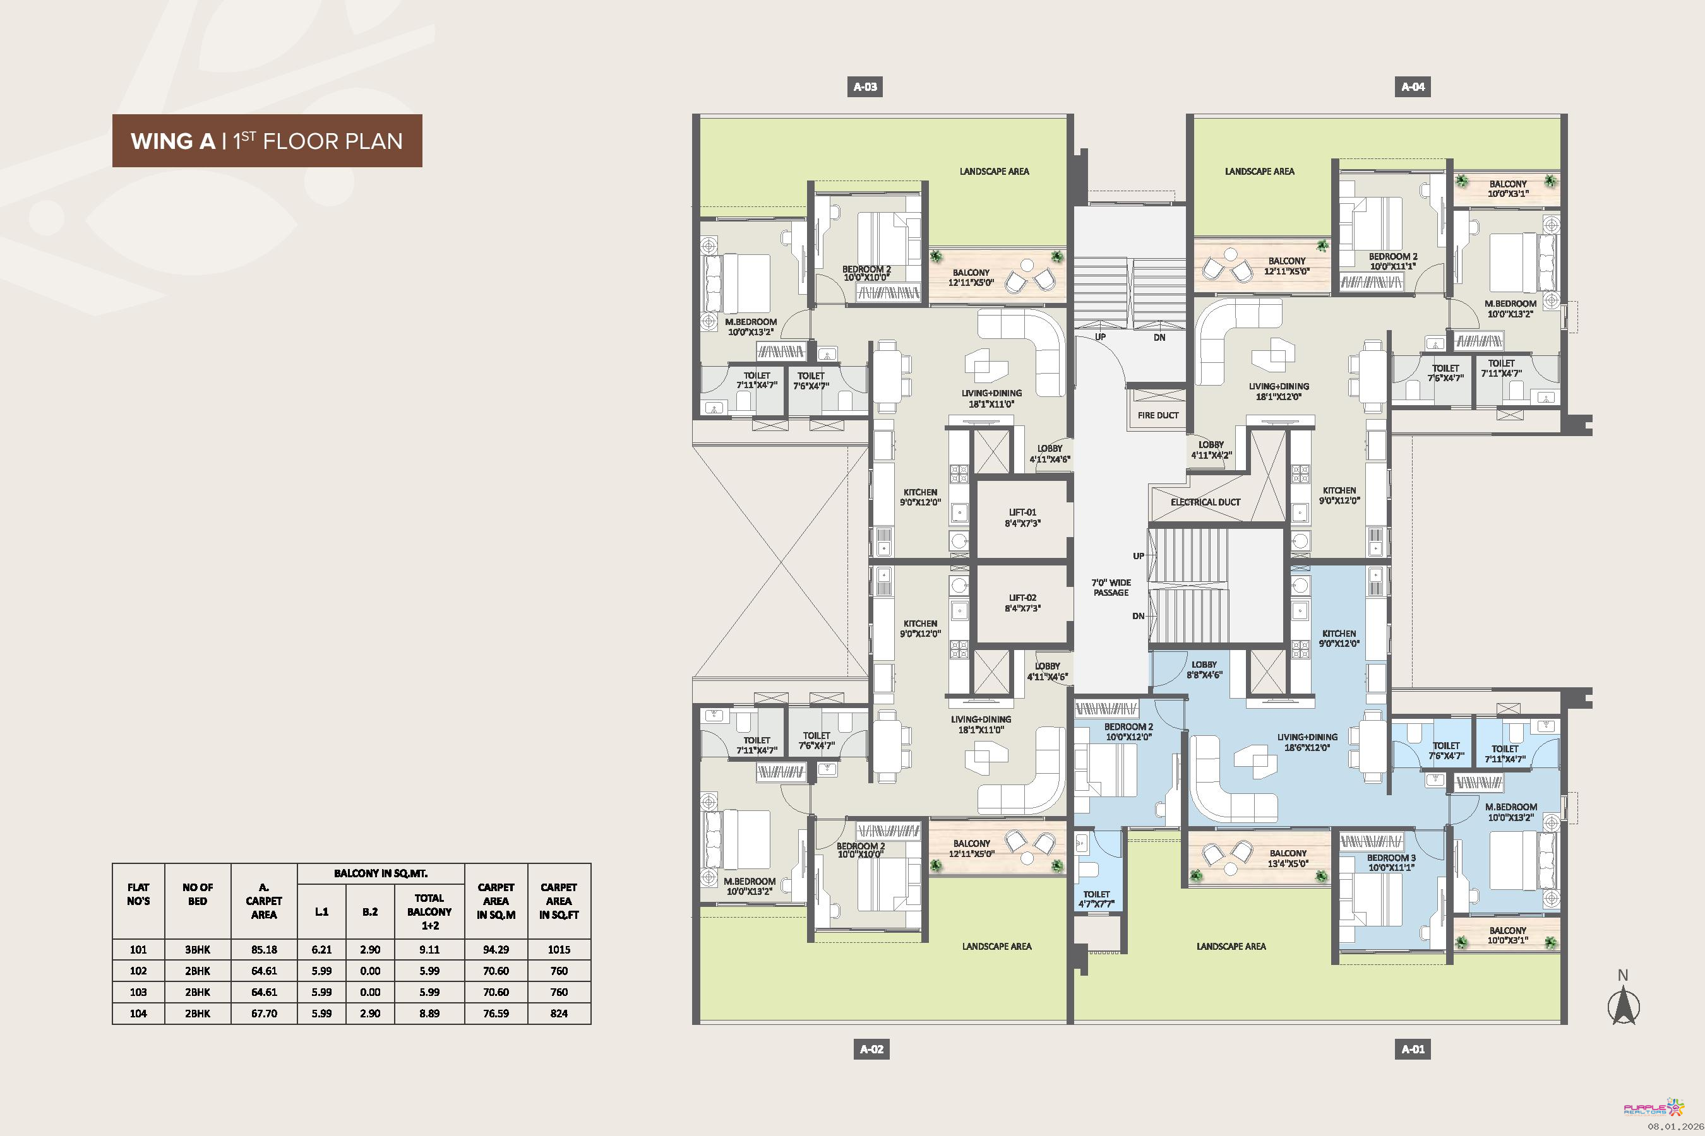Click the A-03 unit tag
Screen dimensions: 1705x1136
(x=865, y=87)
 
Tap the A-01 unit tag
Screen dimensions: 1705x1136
(x=1413, y=1049)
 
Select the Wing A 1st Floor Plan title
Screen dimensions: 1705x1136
(x=266, y=141)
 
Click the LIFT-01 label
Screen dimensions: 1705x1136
(x=1022, y=518)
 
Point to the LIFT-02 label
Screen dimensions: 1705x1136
(x=1022, y=603)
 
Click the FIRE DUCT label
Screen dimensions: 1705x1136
(x=1158, y=415)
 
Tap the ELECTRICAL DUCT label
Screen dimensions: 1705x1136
(x=1205, y=502)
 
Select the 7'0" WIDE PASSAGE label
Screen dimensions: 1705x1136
(x=1111, y=588)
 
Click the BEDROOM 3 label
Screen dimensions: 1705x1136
(x=1391, y=862)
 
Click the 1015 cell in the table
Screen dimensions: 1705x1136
(x=559, y=950)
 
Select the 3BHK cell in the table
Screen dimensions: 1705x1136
(x=197, y=950)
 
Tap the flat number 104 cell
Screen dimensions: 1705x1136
(x=138, y=1014)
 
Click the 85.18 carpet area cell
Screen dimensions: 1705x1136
(x=264, y=950)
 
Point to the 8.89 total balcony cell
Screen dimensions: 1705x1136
(x=429, y=1014)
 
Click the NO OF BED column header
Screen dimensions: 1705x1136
(x=197, y=894)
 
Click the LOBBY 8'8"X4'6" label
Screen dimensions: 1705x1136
(x=1204, y=670)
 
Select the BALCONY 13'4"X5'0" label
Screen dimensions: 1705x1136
(x=1288, y=858)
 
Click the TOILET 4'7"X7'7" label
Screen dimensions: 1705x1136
(x=1096, y=899)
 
